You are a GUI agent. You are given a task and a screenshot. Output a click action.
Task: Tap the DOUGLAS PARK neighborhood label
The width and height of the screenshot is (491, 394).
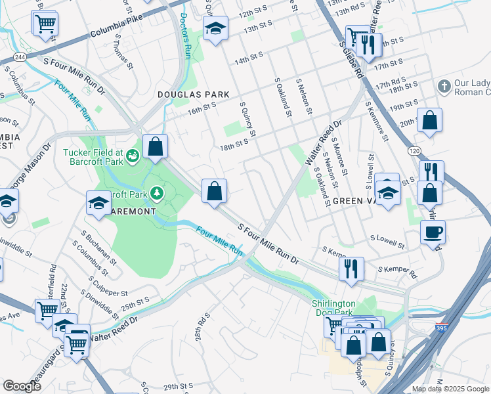click(194, 95)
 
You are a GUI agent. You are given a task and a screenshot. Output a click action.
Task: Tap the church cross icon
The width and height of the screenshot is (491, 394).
click(444, 87)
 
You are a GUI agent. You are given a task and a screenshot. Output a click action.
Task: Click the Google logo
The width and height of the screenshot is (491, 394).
click(22, 385)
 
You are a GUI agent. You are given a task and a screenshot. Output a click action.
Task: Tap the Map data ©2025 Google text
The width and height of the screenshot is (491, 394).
click(450, 389)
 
